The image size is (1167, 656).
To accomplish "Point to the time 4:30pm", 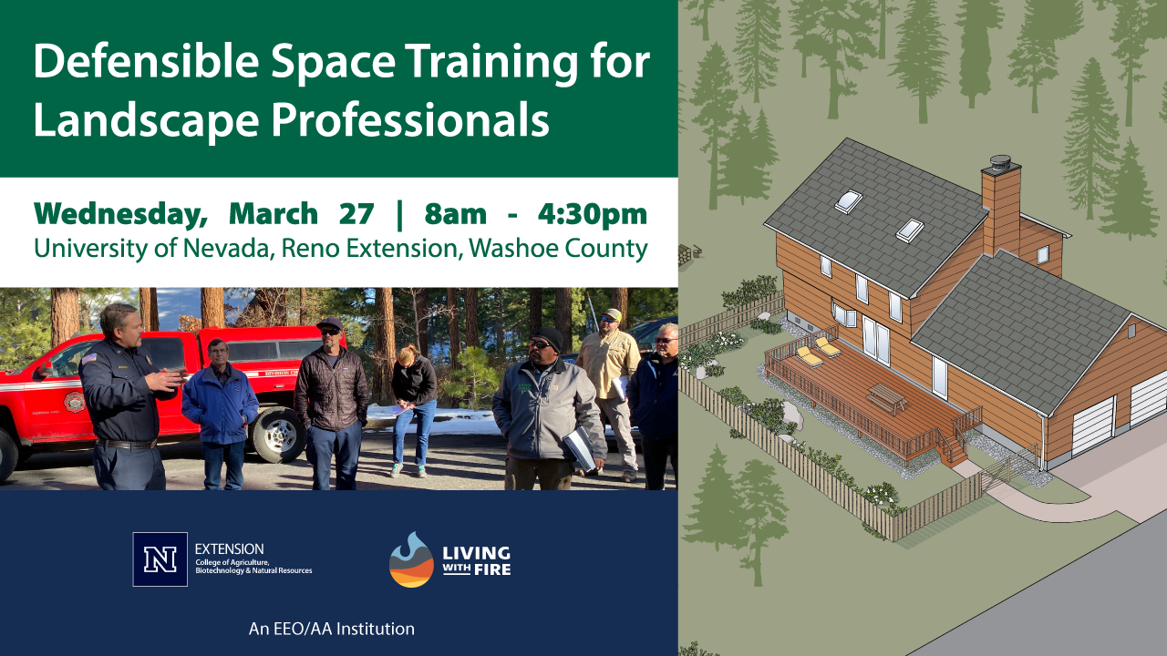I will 592,214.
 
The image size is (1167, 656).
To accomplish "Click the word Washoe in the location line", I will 511,248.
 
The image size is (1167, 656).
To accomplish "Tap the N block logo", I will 160,559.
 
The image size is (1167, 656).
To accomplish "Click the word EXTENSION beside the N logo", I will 230,549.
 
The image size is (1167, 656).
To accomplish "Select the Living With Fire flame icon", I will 411,559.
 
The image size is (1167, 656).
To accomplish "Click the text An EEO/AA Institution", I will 332,629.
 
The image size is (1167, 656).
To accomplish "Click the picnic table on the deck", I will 886,398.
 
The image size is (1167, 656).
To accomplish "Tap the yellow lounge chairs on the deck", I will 818,351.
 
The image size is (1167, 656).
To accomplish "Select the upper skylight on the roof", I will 849,201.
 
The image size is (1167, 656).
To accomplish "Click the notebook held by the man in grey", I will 580,448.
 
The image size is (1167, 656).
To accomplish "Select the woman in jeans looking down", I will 415,401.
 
